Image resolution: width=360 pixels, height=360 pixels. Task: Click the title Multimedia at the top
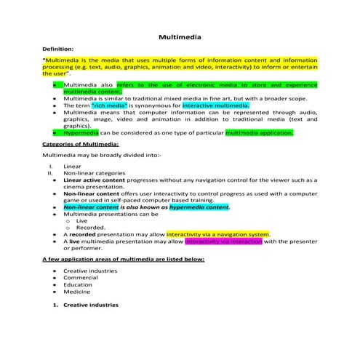pyautogui.click(x=180, y=36)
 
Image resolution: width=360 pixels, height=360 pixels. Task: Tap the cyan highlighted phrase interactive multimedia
pyautogui.click(x=216, y=105)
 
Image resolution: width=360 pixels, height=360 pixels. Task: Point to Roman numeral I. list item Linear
pyautogui.click(x=72, y=167)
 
